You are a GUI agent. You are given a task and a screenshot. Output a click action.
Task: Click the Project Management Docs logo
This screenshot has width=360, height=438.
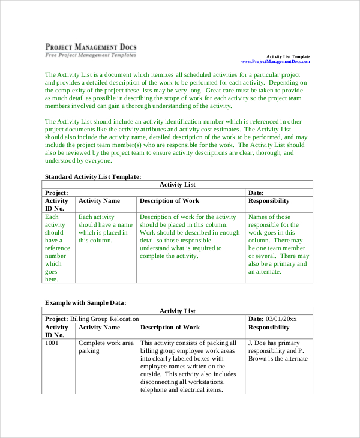(x=90, y=47)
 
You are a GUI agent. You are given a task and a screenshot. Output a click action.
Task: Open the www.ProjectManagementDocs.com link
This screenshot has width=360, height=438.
(x=275, y=62)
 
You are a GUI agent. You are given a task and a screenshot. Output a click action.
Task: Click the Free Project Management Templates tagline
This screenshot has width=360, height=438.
(x=90, y=55)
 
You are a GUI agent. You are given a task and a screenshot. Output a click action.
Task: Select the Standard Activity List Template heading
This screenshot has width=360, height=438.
(x=93, y=176)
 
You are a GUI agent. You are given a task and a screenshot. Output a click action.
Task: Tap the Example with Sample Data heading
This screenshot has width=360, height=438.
(x=86, y=302)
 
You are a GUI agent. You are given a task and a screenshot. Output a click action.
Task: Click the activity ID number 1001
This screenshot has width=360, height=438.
(x=52, y=343)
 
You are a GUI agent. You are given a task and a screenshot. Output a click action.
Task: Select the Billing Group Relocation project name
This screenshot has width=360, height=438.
(x=104, y=319)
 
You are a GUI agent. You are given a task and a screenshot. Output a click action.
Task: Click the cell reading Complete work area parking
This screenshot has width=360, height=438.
(x=106, y=347)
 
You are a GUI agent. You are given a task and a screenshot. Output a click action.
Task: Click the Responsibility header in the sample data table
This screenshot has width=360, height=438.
(x=269, y=328)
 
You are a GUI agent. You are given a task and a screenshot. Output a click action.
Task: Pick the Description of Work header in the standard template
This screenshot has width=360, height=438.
(x=169, y=201)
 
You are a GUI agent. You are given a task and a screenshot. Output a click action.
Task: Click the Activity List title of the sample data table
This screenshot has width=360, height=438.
(x=177, y=311)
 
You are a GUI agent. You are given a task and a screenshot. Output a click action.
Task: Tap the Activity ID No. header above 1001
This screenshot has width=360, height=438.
(x=57, y=331)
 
